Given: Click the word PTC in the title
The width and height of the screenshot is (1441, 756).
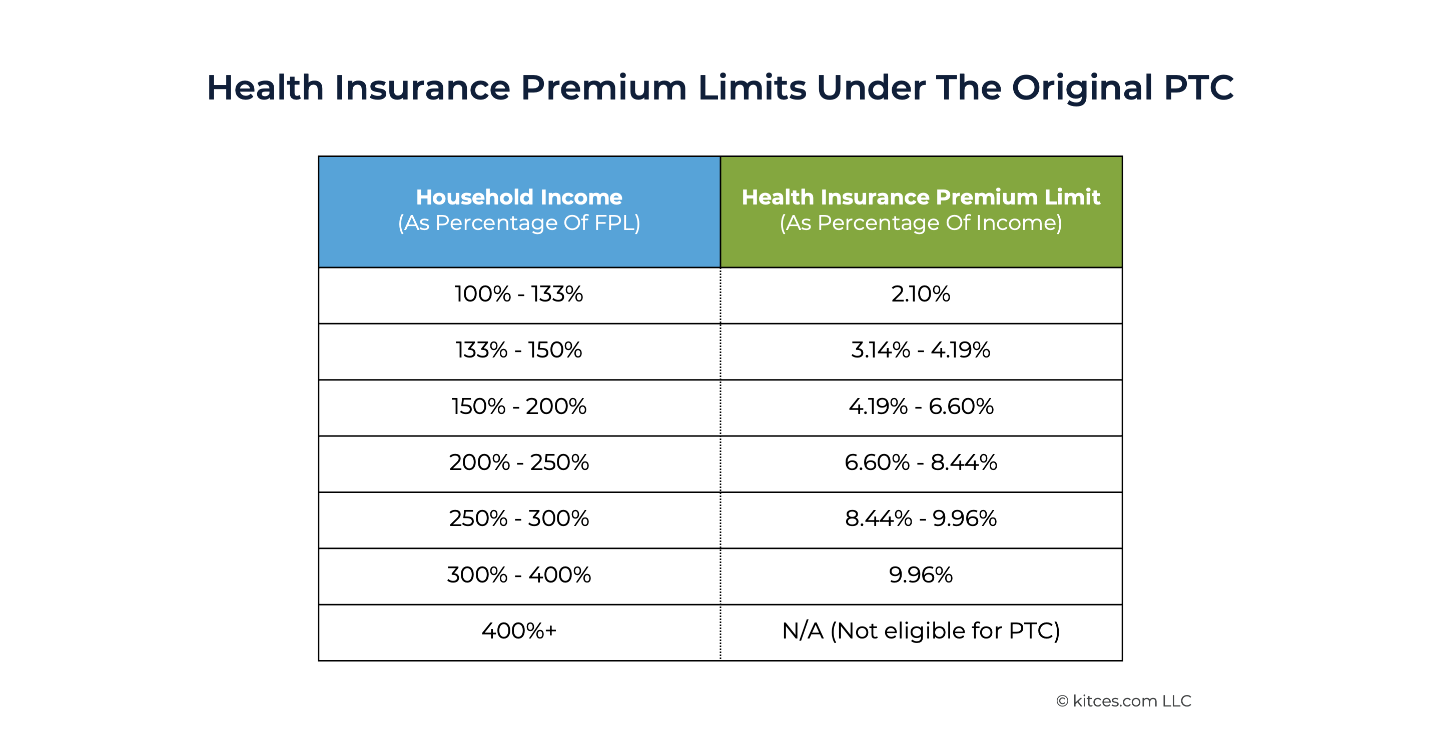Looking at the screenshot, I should (x=1198, y=88).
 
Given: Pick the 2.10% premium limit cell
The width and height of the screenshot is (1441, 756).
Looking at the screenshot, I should (x=921, y=294).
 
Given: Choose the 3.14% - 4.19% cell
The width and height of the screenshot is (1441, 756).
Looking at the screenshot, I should (x=921, y=350).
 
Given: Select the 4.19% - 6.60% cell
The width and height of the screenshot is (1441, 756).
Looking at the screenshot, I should (x=921, y=406).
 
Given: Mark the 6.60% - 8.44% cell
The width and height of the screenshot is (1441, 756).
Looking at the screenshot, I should (x=921, y=463).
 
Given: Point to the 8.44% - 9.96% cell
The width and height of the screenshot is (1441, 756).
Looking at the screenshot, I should (x=921, y=519).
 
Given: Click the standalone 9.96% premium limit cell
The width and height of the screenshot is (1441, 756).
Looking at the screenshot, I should (x=921, y=575).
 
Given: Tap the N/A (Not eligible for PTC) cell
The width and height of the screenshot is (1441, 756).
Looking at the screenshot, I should (x=921, y=631).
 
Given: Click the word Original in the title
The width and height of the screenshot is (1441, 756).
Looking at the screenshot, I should (x=1082, y=88).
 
